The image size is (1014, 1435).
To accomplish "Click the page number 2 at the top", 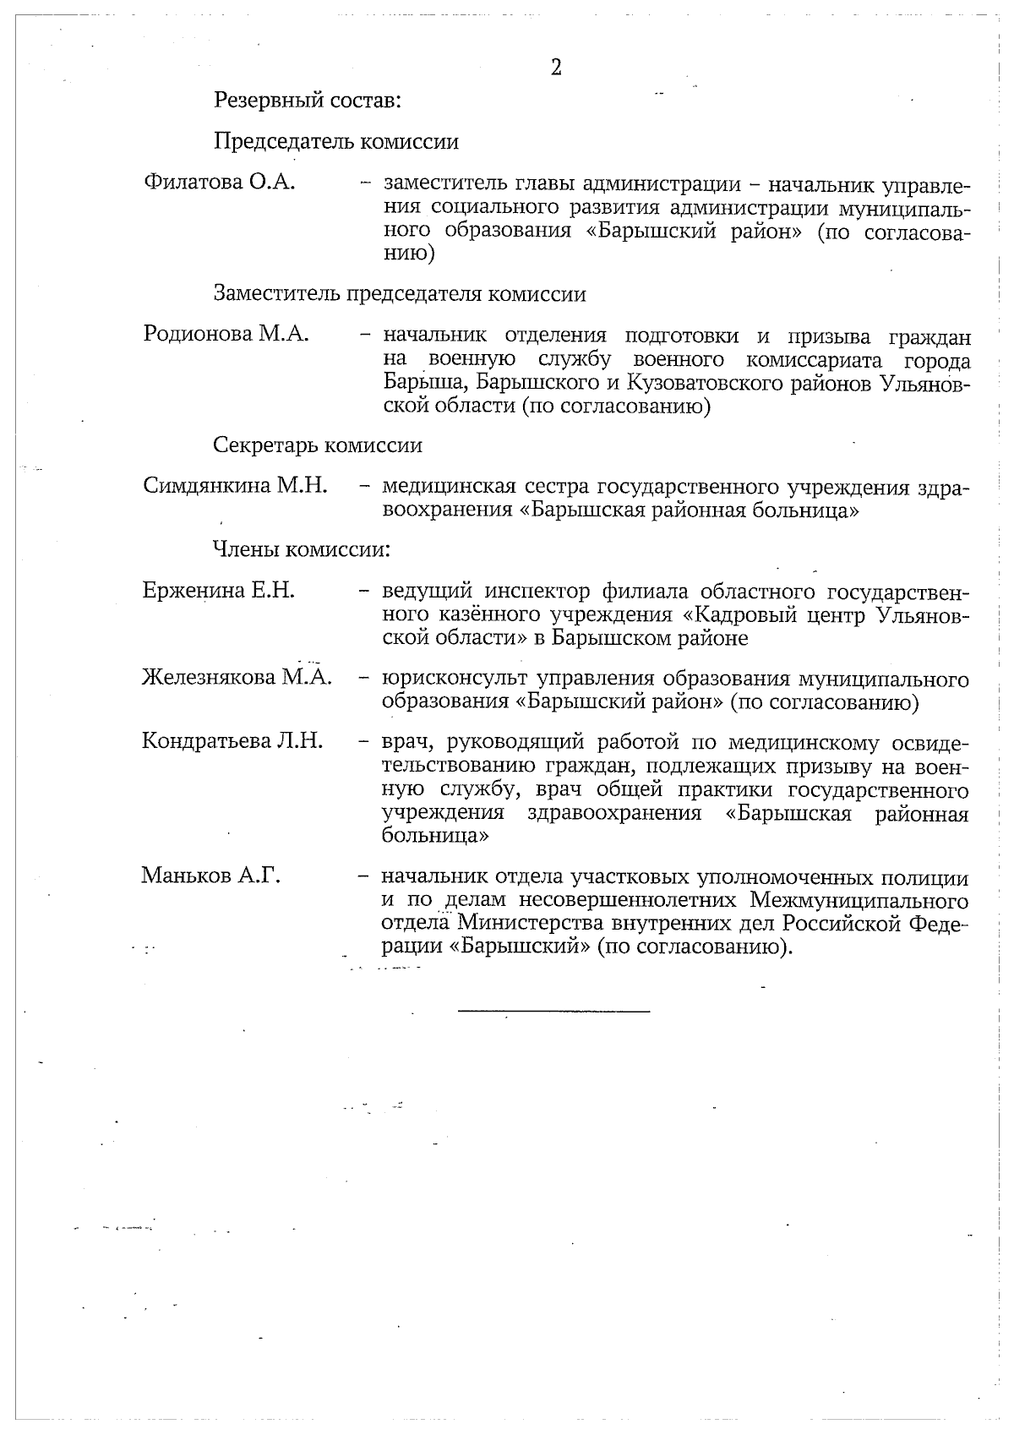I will (x=556, y=68).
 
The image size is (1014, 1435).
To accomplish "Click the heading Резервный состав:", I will (x=307, y=101).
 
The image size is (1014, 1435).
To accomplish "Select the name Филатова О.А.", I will (x=220, y=182).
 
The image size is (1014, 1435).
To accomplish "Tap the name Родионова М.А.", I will (x=226, y=334).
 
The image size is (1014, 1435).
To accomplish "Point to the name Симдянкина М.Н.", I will (x=235, y=486).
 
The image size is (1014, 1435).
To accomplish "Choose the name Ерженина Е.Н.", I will (x=219, y=591).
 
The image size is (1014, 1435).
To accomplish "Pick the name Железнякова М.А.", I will (x=237, y=677).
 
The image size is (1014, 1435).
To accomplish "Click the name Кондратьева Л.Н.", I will (x=232, y=742).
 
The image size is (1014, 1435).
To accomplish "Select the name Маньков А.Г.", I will (x=210, y=876).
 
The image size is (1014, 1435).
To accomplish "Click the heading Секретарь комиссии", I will (x=318, y=445).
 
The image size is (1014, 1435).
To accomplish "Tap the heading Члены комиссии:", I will (x=302, y=550).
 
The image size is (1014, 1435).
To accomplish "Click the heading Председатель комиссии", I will (x=336, y=141).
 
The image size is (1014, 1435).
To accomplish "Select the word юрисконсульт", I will (x=455, y=679).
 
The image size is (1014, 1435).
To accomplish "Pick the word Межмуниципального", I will (x=859, y=899).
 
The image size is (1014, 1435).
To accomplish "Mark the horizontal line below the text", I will (x=554, y=1011).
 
